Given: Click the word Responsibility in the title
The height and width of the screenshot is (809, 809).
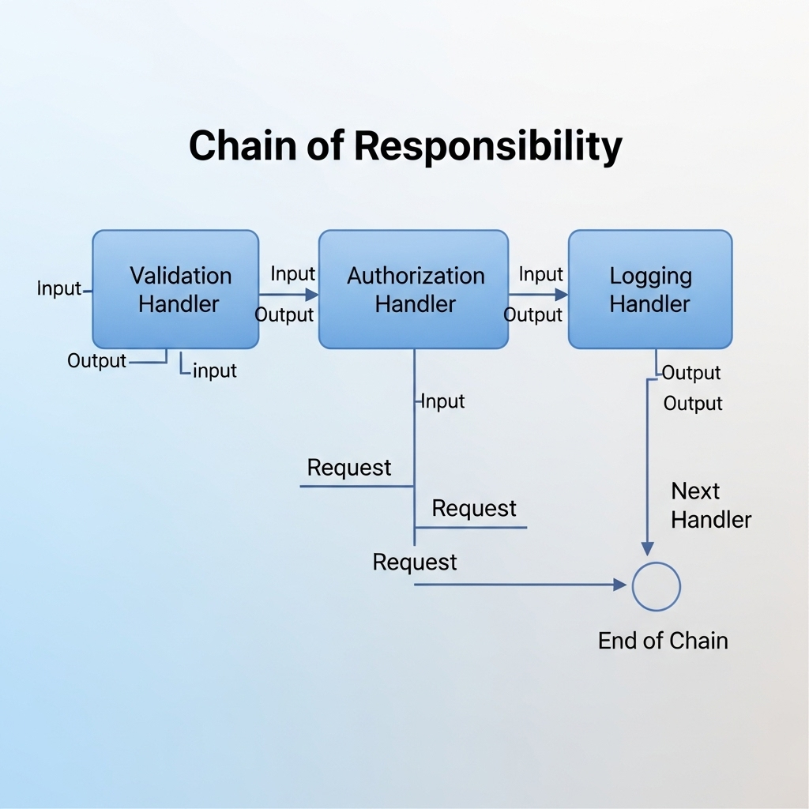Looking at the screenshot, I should tap(487, 146).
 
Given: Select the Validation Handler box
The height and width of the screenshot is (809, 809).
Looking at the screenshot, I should tap(175, 289).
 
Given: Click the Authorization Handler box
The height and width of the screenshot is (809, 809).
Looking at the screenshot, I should tap(413, 289).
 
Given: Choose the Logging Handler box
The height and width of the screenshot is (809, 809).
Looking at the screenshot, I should tap(650, 289).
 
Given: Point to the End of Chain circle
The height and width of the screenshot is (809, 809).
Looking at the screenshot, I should tap(656, 586).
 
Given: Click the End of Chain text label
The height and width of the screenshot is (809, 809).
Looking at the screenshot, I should tap(663, 640).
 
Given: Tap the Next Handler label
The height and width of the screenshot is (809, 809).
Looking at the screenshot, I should tap(710, 506).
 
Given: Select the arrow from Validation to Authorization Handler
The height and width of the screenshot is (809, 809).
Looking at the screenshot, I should tap(288, 295).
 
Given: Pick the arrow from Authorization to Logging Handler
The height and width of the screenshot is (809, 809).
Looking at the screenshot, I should tap(538, 295).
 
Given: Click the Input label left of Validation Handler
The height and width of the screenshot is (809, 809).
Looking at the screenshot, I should tap(59, 288).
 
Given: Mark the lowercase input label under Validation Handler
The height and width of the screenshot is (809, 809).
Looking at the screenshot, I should tap(214, 371).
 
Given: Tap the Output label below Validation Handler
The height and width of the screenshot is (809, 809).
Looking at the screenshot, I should tap(96, 361).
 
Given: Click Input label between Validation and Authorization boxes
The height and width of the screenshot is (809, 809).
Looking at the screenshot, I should tap(293, 274).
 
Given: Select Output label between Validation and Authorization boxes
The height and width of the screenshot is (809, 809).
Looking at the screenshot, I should tap(284, 315).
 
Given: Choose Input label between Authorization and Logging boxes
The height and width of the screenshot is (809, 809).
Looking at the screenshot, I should tap(541, 274).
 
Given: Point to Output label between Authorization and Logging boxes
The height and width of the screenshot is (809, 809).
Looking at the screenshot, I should tap(533, 315).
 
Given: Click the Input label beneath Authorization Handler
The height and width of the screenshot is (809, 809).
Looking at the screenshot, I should tap(442, 401).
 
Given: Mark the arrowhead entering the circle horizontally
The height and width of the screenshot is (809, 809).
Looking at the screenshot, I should tap(620, 585).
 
